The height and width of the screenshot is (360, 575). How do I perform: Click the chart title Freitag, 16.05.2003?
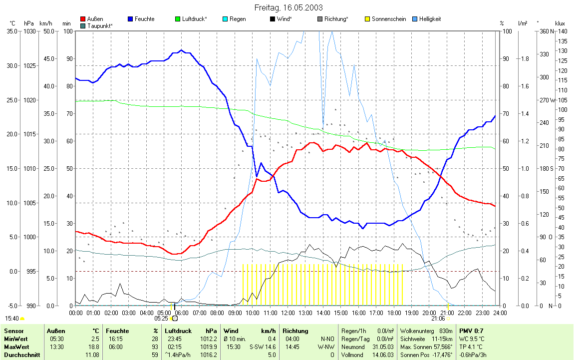[288, 7]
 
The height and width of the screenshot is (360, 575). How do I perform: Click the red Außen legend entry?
[95, 19]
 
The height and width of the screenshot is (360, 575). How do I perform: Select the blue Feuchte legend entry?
[145, 19]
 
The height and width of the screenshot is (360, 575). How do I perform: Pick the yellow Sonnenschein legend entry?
[388, 19]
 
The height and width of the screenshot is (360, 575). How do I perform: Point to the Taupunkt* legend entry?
[99, 25]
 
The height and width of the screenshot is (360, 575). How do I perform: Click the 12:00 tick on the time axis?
[287, 313]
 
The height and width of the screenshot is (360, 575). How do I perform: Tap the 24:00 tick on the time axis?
[500, 313]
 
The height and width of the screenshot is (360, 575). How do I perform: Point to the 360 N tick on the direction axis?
[545, 31]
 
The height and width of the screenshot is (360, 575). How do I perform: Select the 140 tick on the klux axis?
[562, 31]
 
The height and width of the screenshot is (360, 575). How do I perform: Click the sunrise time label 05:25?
[161, 318]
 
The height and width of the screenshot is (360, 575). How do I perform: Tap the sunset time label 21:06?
[438, 318]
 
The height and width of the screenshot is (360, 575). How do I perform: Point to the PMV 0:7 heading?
[471, 331]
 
